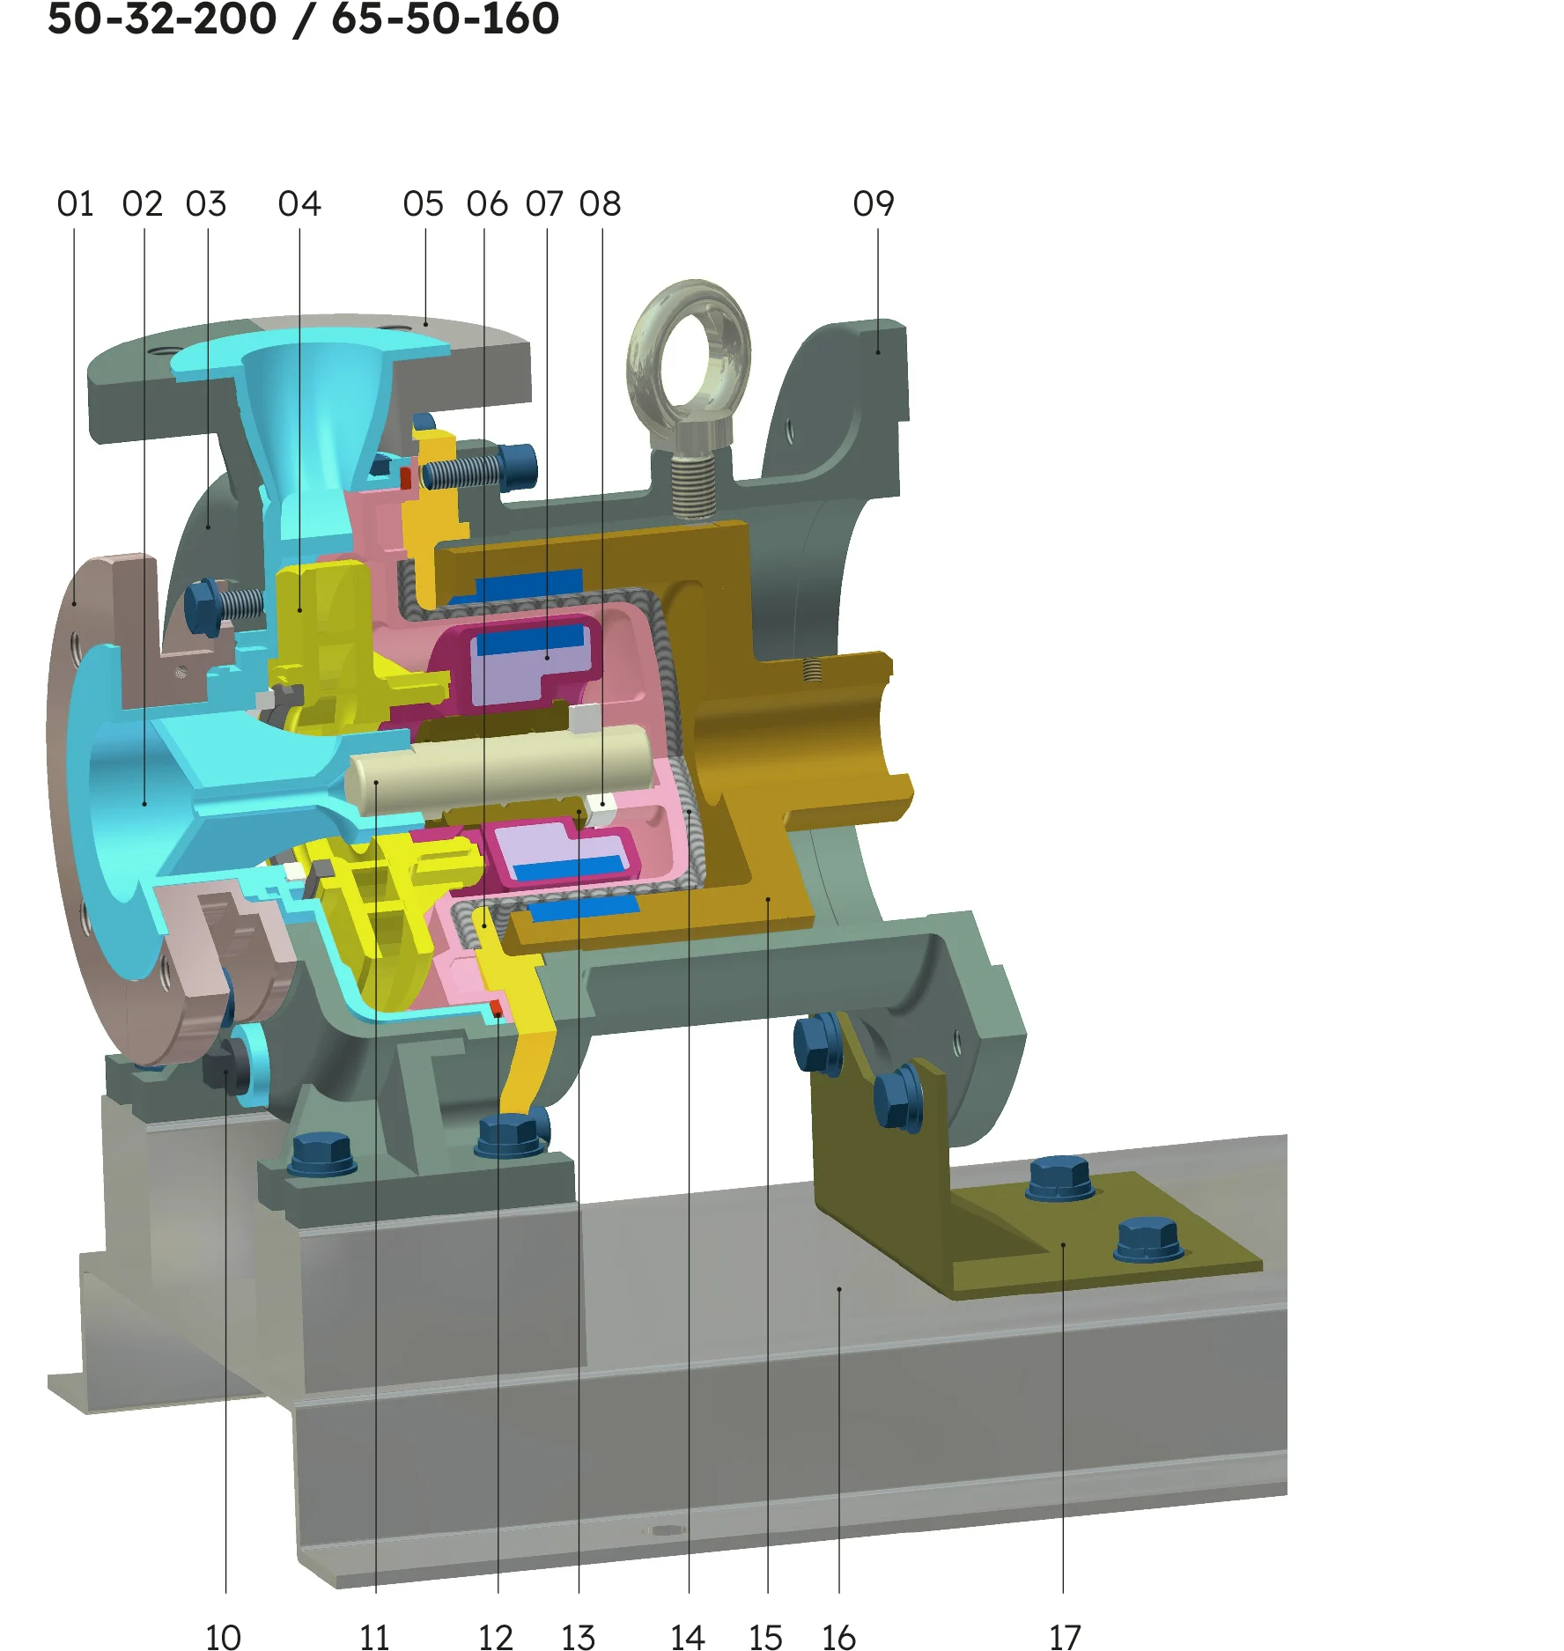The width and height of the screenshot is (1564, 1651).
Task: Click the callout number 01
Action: pyautogui.click(x=75, y=204)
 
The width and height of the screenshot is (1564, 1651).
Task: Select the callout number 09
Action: pyautogui.click(x=874, y=204)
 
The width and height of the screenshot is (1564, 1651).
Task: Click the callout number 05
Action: pyautogui.click(x=424, y=204)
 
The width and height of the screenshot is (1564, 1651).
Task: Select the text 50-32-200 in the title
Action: pyautogui.click(x=162, y=18)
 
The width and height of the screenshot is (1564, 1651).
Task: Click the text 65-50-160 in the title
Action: pyautogui.click(x=446, y=18)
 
